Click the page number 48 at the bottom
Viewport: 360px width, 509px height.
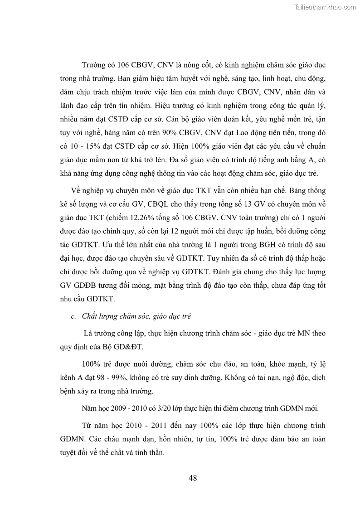click(x=192, y=478)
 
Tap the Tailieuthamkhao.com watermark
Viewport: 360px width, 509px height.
click(x=326, y=7)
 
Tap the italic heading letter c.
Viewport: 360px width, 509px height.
click(x=73, y=315)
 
